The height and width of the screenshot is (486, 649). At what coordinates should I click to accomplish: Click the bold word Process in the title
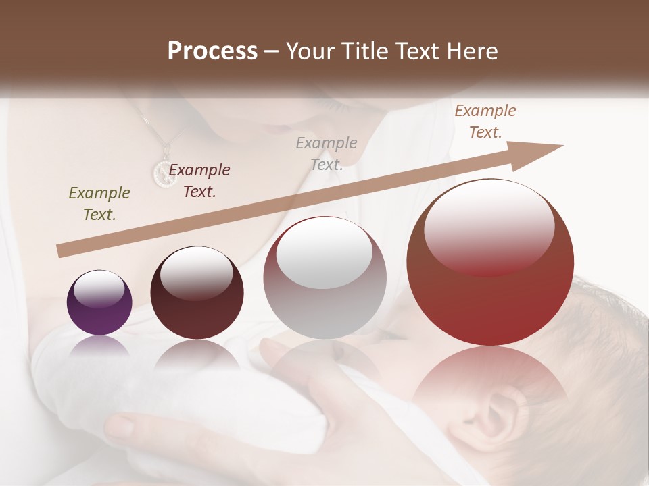(212, 51)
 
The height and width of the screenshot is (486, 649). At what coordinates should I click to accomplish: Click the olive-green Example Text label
(99, 204)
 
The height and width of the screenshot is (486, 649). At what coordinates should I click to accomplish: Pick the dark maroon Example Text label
(199, 181)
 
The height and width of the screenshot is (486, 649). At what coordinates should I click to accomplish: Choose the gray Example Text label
(327, 153)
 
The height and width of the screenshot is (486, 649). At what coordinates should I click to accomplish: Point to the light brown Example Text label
(485, 122)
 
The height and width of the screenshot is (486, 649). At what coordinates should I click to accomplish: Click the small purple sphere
(99, 302)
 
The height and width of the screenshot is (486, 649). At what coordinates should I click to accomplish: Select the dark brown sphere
(197, 293)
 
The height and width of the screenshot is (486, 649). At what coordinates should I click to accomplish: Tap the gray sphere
(324, 277)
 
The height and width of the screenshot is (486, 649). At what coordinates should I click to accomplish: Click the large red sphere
(490, 262)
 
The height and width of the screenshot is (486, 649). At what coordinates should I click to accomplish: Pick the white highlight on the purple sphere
(99, 290)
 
